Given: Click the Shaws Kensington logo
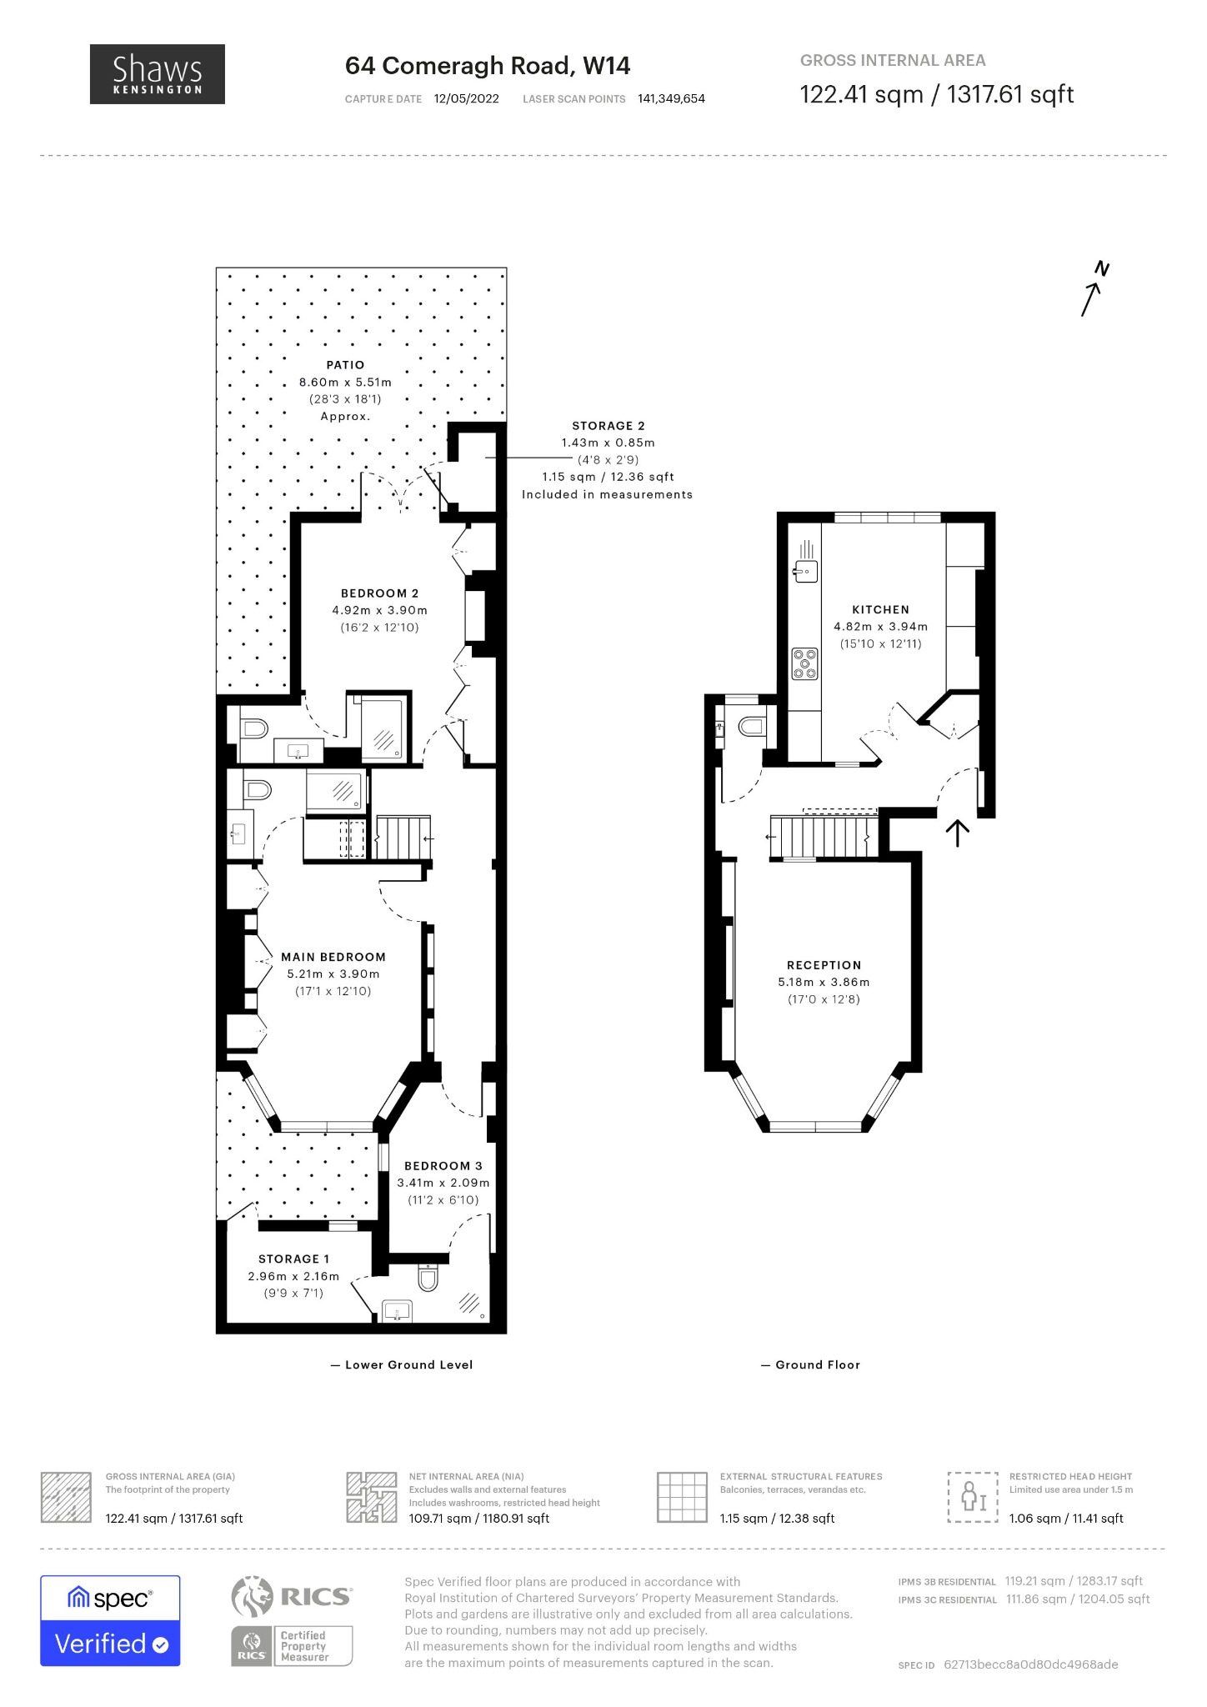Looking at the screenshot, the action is pos(158,74).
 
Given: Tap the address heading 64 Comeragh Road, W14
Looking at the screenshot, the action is pos(488,66).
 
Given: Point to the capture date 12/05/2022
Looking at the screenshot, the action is pos(467,98).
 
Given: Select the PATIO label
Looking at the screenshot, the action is pos(345,365).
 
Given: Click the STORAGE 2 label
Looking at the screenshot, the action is pos(609,426).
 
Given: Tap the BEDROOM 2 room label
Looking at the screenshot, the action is pos(380,593).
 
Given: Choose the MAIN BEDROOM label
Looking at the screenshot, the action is pos(333,957).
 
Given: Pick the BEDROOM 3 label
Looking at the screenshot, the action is pos(443,1165).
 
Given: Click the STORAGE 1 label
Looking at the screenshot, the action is pos(293,1259).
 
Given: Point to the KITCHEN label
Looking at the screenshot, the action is pos(880,609).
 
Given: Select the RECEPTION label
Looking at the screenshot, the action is pos(824,965).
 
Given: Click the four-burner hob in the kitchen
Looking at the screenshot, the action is pos(805,664).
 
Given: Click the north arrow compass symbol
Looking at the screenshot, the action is pos(1094,289).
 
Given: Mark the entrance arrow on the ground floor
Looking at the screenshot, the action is pos(958,833).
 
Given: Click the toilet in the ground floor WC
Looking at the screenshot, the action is pos(751,728).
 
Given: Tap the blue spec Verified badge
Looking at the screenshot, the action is pos(110,1620).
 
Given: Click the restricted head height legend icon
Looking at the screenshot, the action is pos(973,1497).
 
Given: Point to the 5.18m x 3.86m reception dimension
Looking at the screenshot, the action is pos(824,982).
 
